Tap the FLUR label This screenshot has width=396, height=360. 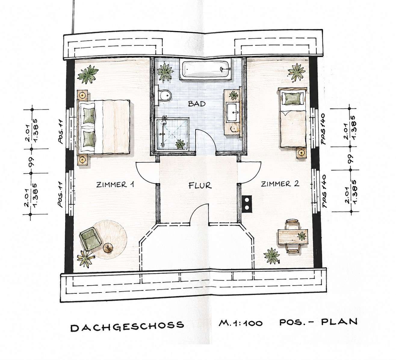200,186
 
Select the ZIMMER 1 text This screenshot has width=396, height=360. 115,185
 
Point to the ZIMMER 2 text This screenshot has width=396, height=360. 280,184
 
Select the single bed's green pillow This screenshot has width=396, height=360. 293,99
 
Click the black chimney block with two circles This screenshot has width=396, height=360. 247,204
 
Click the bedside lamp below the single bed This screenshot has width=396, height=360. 301,153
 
